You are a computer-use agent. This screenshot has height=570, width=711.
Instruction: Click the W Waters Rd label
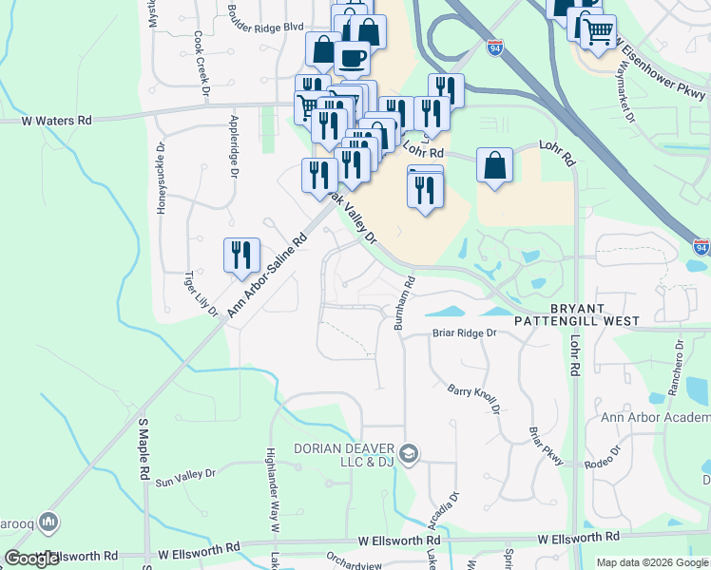(x=56, y=121)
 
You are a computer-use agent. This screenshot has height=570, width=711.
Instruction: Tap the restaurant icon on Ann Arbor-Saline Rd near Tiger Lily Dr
(x=241, y=256)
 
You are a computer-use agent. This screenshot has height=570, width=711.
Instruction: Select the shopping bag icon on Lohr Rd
(x=494, y=166)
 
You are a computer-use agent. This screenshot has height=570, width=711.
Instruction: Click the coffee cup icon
(x=352, y=57)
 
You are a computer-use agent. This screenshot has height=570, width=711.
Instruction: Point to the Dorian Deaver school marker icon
(x=409, y=455)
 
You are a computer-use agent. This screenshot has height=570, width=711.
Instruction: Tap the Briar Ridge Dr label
(x=465, y=333)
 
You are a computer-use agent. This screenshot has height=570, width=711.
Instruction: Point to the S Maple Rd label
(x=144, y=446)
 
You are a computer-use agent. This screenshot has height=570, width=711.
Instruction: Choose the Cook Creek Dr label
(x=201, y=64)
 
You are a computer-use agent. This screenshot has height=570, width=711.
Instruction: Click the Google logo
(x=32, y=559)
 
